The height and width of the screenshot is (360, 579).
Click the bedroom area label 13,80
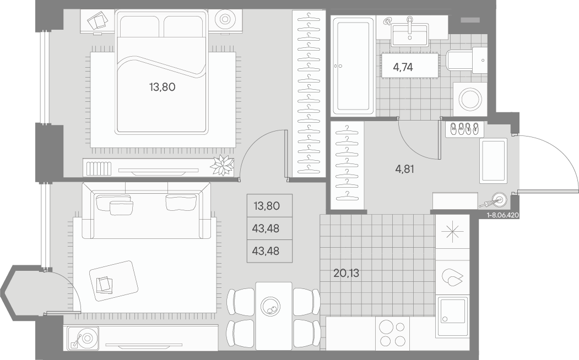click(x=162, y=87)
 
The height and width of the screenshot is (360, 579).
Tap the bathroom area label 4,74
click(x=403, y=67)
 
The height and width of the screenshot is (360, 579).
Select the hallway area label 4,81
click(x=404, y=170)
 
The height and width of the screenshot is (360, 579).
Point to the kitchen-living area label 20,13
click(x=346, y=274)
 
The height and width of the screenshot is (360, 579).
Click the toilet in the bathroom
click(x=467, y=61)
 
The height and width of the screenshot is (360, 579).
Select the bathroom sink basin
click(x=410, y=35)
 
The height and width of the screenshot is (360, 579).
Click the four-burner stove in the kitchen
click(x=392, y=334)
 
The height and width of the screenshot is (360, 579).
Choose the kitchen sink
click(x=452, y=316)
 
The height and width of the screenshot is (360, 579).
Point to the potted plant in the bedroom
click(x=222, y=165)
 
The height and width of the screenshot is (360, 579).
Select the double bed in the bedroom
click(x=161, y=72)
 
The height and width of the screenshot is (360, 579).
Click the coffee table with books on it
click(x=113, y=281)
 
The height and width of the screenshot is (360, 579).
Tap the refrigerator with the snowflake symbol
click(x=452, y=232)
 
